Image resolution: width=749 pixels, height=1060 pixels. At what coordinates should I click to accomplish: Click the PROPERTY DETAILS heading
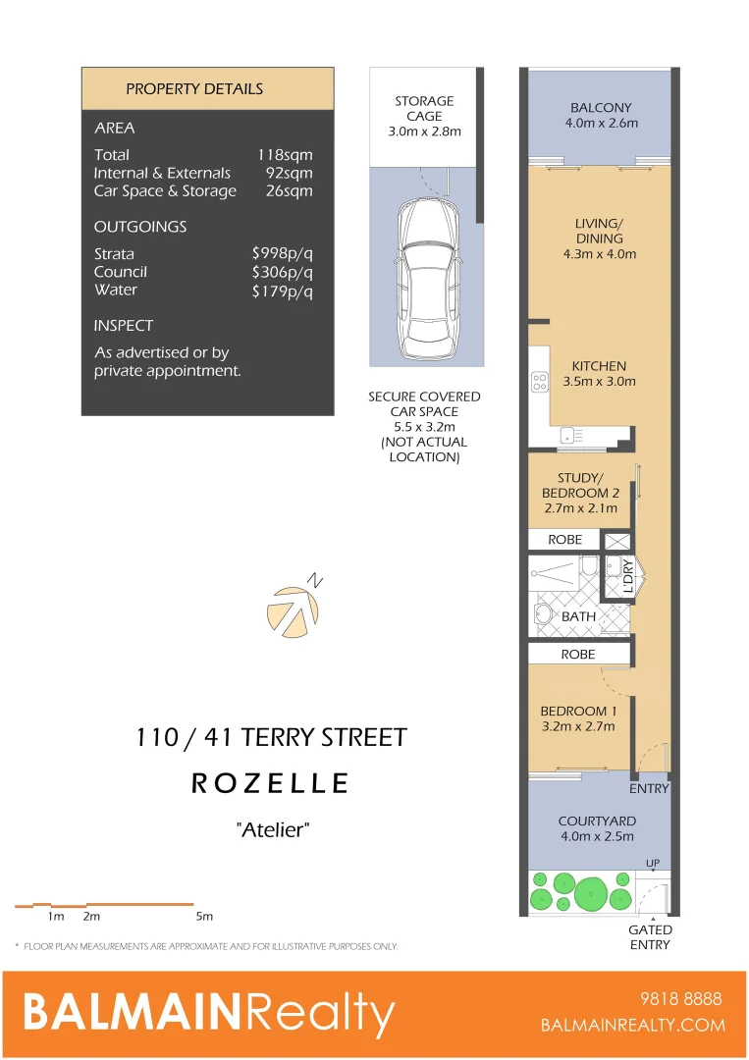(x=194, y=89)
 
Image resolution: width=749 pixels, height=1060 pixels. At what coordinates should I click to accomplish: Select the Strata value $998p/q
(x=282, y=254)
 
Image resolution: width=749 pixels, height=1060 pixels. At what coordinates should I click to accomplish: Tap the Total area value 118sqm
(x=285, y=155)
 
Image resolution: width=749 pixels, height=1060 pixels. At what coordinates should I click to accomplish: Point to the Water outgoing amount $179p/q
(x=282, y=291)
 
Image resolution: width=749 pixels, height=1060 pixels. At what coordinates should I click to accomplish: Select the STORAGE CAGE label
(x=424, y=109)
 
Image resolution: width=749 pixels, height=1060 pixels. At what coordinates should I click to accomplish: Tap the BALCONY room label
(x=601, y=108)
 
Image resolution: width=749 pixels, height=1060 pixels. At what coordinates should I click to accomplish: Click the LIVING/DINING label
(x=599, y=231)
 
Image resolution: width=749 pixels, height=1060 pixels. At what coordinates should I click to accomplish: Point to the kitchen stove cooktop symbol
(x=539, y=381)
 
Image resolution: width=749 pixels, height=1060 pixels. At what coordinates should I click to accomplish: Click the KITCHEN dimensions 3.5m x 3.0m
(x=599, y=382)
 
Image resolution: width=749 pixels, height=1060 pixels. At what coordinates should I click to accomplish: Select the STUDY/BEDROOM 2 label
(x=580, y=486)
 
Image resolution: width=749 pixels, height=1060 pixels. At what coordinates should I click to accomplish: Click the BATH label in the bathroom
(x=579, y=616)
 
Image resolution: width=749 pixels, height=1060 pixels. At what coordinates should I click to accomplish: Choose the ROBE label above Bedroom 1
(x=578, y=654)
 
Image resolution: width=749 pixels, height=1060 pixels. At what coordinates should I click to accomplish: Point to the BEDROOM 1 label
(x=579, y=712)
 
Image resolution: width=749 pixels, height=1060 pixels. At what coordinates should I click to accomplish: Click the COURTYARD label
(x=597, y=821)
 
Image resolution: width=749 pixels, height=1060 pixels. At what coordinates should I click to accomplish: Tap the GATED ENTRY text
(x=650, y=937)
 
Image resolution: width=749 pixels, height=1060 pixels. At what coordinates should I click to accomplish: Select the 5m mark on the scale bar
(x=203, y=917)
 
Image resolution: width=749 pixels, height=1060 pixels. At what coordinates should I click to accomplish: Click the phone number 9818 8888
(x=680, y=999)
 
